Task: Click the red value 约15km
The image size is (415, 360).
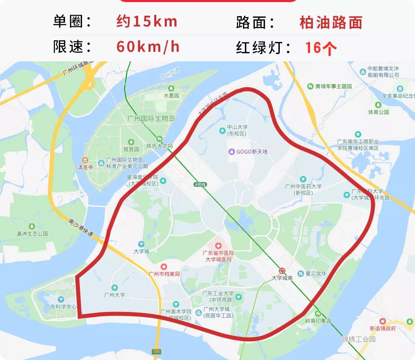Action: click(147, 21)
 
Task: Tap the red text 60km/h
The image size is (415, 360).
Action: click(148, 47)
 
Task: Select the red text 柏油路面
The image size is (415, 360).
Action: click(331, 22)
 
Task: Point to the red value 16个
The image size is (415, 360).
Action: click(321, 48)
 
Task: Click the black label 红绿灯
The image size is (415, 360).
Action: click(263, 48)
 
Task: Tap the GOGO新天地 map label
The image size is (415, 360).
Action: click(252, 152)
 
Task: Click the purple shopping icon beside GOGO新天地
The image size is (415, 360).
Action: click(231, 152)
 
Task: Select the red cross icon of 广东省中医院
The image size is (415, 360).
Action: click(218, 245)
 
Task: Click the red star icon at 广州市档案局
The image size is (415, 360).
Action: click(164, 267)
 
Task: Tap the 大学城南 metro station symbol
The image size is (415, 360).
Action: click(282, 271)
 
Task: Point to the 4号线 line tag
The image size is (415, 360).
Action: click(200, 184)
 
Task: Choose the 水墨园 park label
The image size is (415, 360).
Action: click(171, 96)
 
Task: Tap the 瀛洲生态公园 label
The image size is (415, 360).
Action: click(32, 233)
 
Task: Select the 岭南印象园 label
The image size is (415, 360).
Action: click(318, 320)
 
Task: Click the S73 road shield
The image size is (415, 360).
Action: click(157, 352)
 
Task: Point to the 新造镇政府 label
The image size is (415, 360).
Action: click(382, 328)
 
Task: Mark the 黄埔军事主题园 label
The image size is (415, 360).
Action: click(333, 86)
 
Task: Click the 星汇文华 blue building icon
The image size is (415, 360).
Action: click(300, 274)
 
